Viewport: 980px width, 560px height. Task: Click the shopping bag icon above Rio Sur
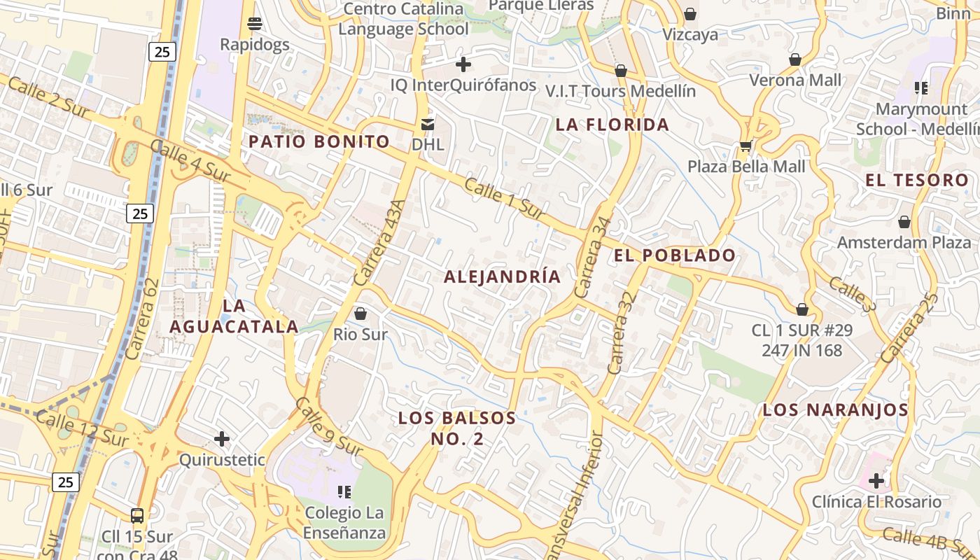[360, 314]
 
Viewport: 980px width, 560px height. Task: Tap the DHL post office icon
[427, 125]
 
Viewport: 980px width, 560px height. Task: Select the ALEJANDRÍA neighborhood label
[503, 276]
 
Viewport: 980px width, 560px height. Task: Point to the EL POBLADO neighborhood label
[675, 255]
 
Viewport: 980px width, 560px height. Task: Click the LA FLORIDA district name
[612, 125]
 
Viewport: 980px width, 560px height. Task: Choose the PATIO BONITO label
[319, 141]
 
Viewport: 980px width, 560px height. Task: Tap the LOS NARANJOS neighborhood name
[835, 410]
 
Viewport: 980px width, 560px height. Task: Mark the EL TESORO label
[916, 181]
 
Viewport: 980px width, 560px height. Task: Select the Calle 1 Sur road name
[504, 198]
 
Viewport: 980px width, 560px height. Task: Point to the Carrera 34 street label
[592, 258]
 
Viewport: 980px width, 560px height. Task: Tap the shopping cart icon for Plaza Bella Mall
[745, 147]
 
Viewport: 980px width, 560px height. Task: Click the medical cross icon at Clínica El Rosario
[876, 481]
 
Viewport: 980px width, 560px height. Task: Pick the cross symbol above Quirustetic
[222, 439]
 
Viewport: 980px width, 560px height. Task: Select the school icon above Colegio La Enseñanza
[344, 492]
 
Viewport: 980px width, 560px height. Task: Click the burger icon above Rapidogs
[255, 24]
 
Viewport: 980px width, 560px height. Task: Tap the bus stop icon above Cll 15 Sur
[137, 516]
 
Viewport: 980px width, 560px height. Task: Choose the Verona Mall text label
[795, 80]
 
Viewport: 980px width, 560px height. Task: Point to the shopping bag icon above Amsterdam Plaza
[904, 222]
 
